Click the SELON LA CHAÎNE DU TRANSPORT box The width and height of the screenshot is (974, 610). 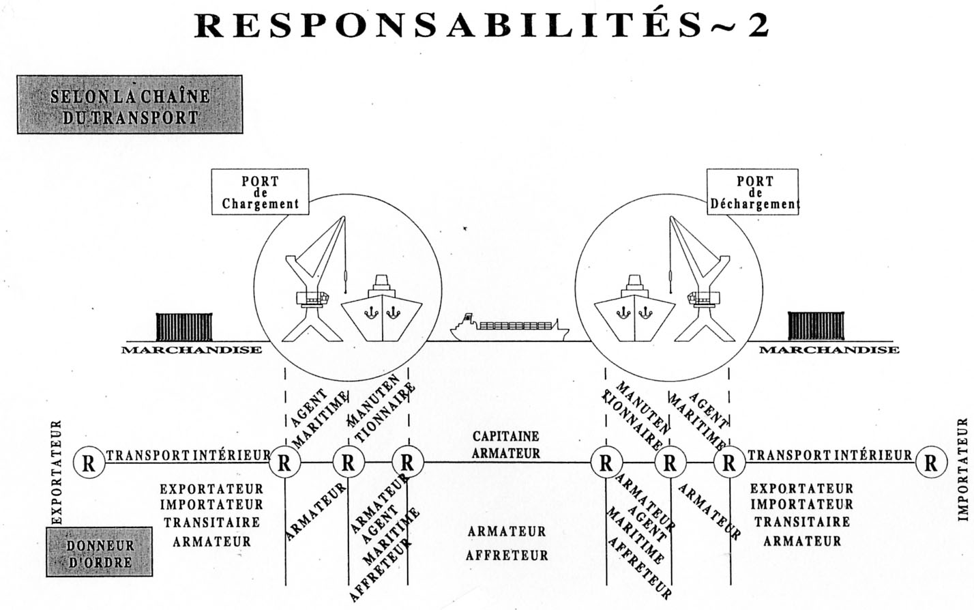tap(130, 104)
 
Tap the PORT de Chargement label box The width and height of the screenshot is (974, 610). tap(260, 192)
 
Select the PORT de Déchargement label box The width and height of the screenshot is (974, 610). tap(753, 192)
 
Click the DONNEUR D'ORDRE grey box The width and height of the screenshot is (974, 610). tap(100, 551)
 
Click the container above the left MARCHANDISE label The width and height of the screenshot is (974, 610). tap(185, 326)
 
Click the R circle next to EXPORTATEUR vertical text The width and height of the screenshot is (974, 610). tap(89, 463)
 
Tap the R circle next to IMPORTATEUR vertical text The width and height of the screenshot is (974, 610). tap(930, 463)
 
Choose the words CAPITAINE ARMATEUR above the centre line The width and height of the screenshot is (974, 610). tap(506, 444)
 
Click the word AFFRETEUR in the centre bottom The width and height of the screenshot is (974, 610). tap(507, 555)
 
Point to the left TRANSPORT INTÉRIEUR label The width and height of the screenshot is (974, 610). tap(188, 455)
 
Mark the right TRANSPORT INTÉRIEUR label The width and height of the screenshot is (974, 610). tap(829, 455)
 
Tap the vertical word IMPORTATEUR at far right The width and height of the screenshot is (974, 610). tap(963, 469)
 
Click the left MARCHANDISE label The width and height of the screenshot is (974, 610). tap(192, 350)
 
